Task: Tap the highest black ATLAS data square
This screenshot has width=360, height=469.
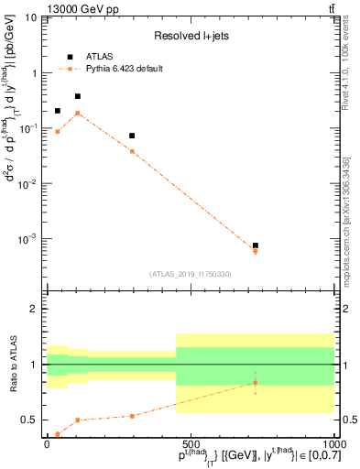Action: point(78,96)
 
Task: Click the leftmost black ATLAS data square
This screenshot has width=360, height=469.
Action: point(58,111)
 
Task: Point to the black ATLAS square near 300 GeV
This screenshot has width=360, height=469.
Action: point(132,136)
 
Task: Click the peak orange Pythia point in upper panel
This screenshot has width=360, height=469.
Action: point(78,113)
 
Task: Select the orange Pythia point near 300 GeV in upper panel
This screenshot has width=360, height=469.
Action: point(132,151)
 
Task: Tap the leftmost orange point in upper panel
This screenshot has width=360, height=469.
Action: point(58,132)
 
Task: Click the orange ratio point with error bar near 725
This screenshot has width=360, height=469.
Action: point(255,383)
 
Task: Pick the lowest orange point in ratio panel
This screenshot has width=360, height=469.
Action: point(58,434)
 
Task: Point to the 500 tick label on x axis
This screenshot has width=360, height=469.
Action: point(191,443)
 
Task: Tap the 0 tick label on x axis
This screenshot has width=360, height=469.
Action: point(48,443)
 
